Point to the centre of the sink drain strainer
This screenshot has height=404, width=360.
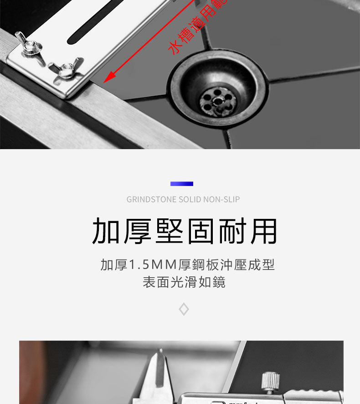[217, 99]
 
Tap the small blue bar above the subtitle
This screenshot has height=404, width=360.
[182, 184]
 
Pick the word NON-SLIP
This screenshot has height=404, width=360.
[221, 199]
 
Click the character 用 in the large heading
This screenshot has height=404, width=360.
[263, 231]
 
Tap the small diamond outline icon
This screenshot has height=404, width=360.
[184, 310]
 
